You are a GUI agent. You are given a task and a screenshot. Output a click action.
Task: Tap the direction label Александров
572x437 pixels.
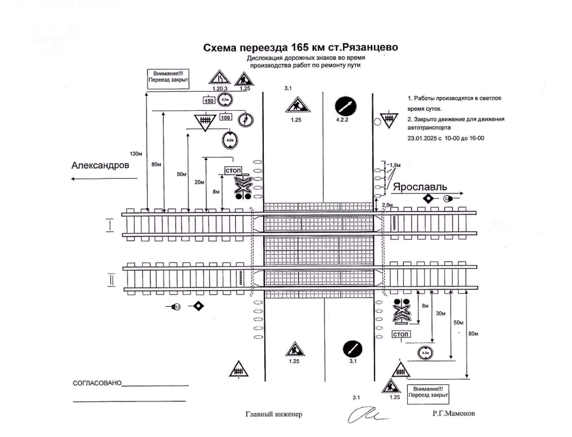point(100,166)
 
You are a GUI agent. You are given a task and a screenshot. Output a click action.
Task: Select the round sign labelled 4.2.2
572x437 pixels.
point(347,106)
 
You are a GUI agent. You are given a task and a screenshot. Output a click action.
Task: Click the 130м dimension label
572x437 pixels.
point(136,154)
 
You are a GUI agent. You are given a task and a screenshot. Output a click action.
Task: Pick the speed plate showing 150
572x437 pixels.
point(209,101)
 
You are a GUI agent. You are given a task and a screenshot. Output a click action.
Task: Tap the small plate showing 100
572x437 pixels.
point(225,117)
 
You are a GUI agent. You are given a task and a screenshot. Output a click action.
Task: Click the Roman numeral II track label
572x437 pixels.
point(110,279)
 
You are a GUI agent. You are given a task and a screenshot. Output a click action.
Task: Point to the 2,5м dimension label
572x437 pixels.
point(388,204)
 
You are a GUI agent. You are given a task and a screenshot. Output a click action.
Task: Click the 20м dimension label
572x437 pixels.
point(199,182)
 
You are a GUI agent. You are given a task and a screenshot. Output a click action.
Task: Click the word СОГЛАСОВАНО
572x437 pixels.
point(97,384)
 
